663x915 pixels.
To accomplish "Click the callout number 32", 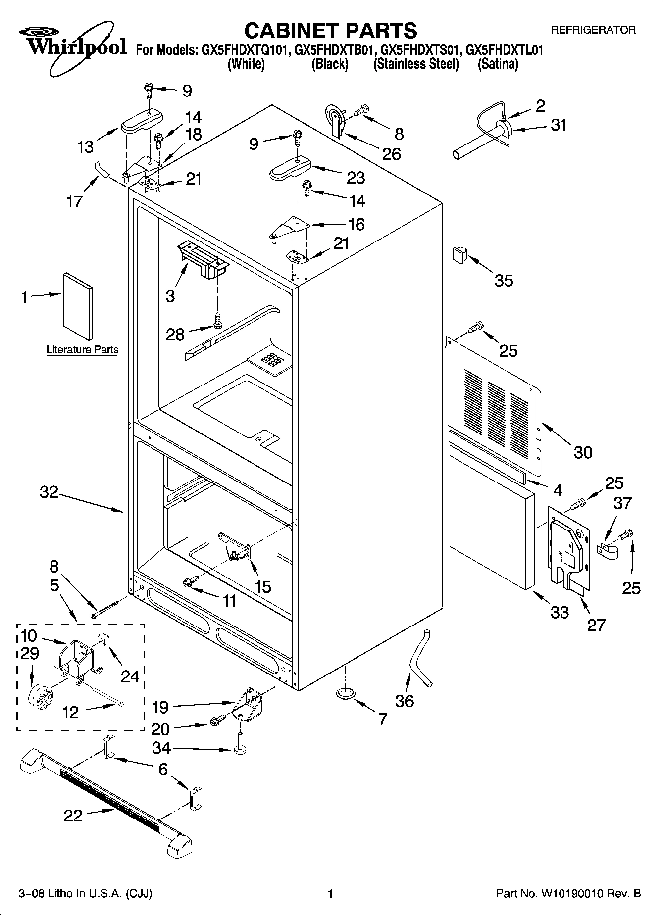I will pos(49,492).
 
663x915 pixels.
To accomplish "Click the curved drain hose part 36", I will pos(419,658).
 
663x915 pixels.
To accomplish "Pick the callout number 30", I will pos(583,452).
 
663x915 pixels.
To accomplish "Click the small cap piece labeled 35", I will pos(459,256).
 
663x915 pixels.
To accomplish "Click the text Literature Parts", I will pos(82,349).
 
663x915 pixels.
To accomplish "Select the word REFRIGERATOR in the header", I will pos(593,30).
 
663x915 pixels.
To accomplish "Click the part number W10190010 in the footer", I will pos(574,893).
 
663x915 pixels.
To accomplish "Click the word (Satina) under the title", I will pos(498,64).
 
